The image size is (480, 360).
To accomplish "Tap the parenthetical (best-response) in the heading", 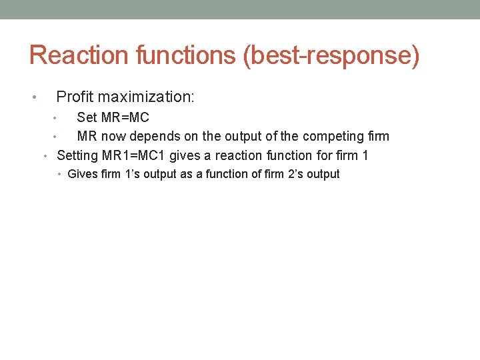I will click(x=332, y=56).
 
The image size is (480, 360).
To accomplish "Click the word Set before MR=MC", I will click(x=87, y=118).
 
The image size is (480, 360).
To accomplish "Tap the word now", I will click(x=114, y=137).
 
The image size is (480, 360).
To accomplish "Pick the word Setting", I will click(x=77, y=156).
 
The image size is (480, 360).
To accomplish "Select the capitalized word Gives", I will click(x=82, y=174).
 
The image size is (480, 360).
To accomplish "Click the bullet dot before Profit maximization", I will click(x=34, y=99).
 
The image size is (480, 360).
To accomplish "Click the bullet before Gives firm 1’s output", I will click(x=60, y=175).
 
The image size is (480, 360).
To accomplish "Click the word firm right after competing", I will click(x=379, y=137).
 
